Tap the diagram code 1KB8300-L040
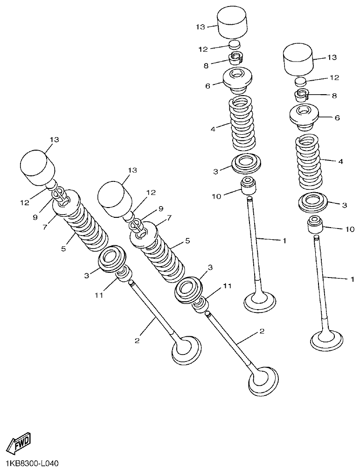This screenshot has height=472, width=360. point(32,464)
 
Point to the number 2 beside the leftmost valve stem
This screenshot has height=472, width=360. point(137,340)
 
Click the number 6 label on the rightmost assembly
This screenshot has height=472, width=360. point(337,118)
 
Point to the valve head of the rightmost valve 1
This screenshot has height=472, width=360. point(327,340)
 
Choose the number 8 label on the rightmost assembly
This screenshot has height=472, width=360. point(334,96)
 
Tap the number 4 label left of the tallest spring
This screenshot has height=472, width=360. point(213,129)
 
